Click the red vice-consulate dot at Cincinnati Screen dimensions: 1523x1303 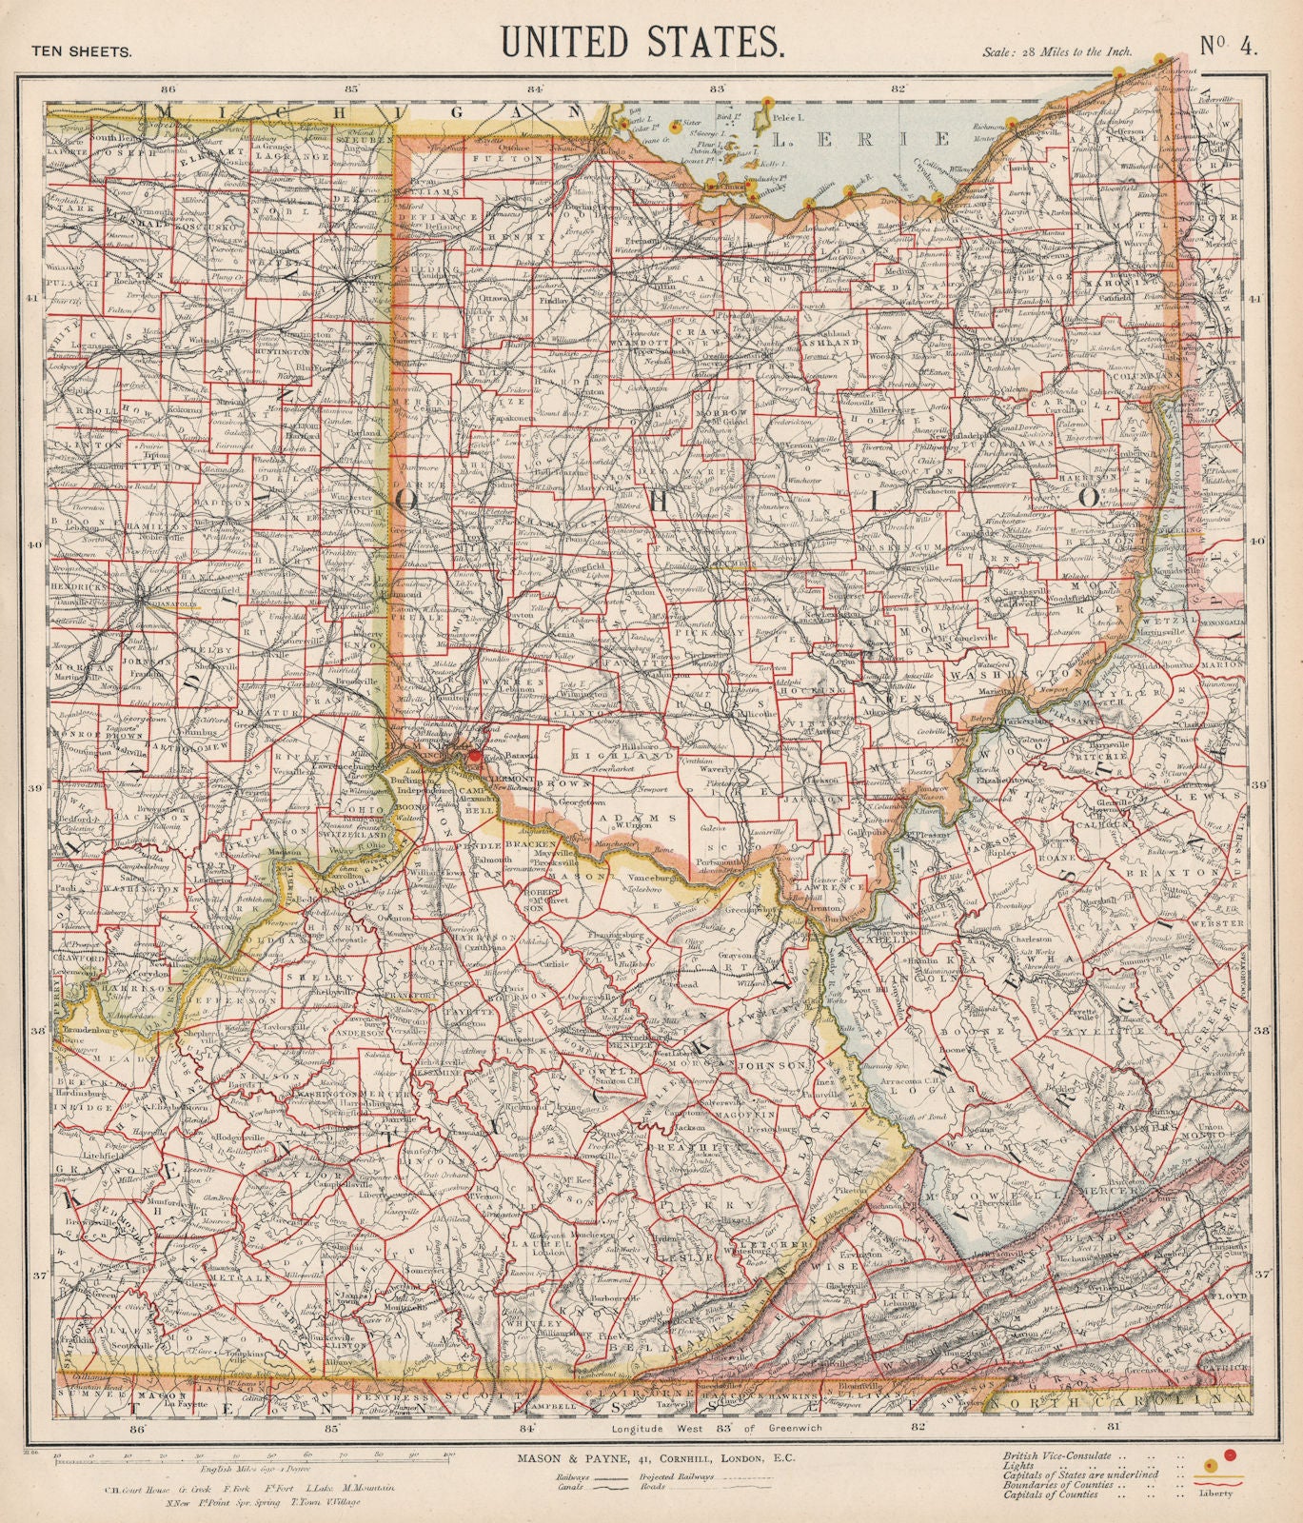[x=474, y=755]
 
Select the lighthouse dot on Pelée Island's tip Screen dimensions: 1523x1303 [x=766, y=100]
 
